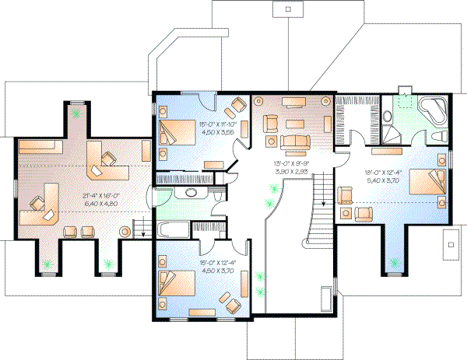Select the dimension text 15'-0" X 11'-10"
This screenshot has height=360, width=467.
pyautogui.click(x=200, y=125)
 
